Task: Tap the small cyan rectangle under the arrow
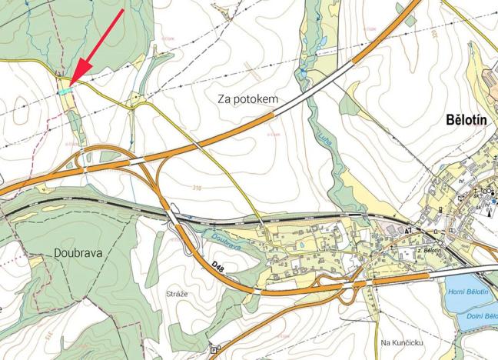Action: [x=65, y=90]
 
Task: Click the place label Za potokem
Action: [x=247, y=99]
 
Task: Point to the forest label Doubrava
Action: [x=78, y=252]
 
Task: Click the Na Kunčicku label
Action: [x=402, y=342]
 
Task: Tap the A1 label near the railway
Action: [x=410, y=230]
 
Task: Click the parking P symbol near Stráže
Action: [x=213, y=348]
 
